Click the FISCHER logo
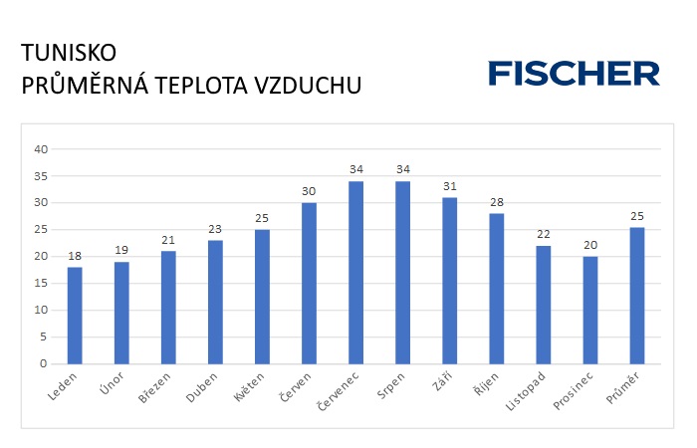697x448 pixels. [x=574, y=73]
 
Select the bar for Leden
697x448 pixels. [x=75, y=315]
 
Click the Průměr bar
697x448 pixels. [x=637, y=296]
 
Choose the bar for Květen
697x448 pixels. [x=262, y=296]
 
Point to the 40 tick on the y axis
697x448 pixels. [x=41, y=149]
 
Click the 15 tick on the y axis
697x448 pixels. [x=41, y=284]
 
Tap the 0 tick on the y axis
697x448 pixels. [x=44, y=363]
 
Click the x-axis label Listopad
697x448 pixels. [x=532, y=391]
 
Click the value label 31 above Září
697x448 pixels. [x=449, y=187]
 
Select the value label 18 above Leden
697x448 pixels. [x=75, y=257]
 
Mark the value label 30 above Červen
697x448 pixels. [x=309, y=192]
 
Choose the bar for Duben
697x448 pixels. [x=215, y=302]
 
